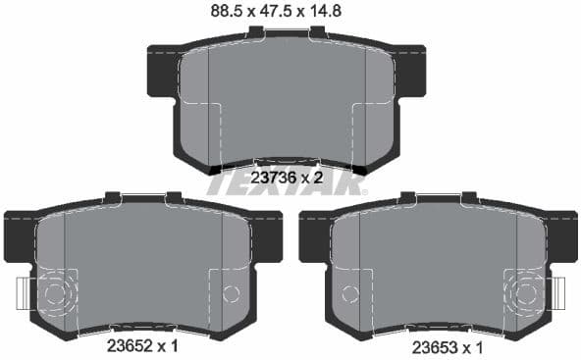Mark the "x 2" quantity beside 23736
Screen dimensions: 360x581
(x=312, y=178)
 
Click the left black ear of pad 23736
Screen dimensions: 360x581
(x=163, y=71)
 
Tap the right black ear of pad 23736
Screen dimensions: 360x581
(x=410, y=71)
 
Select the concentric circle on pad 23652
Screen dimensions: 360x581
(x=54, y=293)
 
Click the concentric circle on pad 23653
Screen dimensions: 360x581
(x=527, y=293)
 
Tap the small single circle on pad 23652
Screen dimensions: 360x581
(x=232, y=293)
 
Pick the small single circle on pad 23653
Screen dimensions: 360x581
(x=348, y=293)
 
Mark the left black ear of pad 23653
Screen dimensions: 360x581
(x=313, y=236)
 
